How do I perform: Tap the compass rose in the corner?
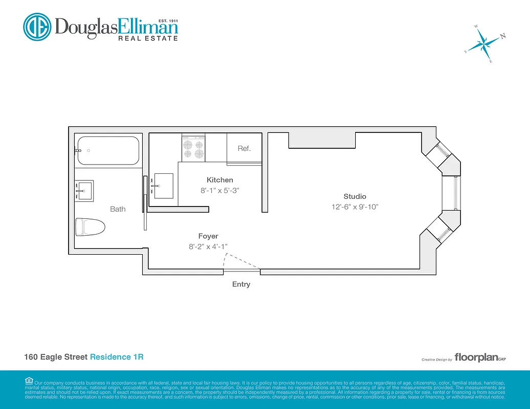click(483, 44)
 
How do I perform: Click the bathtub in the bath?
click(107, 150)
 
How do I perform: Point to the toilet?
click(90, 227)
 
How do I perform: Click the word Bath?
click(118, 209)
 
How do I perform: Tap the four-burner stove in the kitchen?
click(193, 148)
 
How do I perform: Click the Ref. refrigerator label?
click(244, 149)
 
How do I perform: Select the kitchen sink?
click(163, 186)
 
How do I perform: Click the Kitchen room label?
click(219, 180)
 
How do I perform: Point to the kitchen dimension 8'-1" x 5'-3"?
click(219, 190)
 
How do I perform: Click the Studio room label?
click(355, 196)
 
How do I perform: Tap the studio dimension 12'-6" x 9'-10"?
click(355, 207)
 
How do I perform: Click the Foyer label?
click(208, 236)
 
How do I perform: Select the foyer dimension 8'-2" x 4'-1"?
click(208, 246)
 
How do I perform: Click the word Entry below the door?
click(241, 284)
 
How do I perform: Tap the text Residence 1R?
click(117, 357)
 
